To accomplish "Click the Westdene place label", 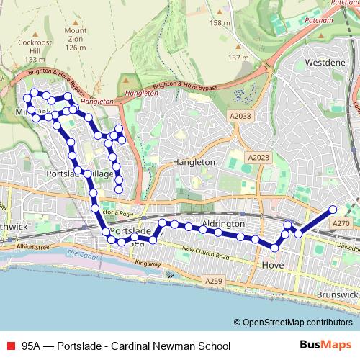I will click(321, 63).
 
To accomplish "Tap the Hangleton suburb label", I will click(194, 163).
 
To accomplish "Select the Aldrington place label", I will click(224, 225).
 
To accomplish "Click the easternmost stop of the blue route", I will click(333, 210).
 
